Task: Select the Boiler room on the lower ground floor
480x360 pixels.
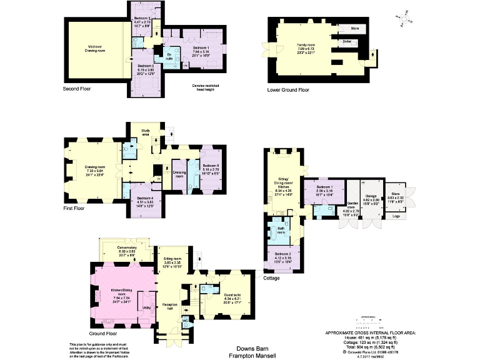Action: pos(347,41)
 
